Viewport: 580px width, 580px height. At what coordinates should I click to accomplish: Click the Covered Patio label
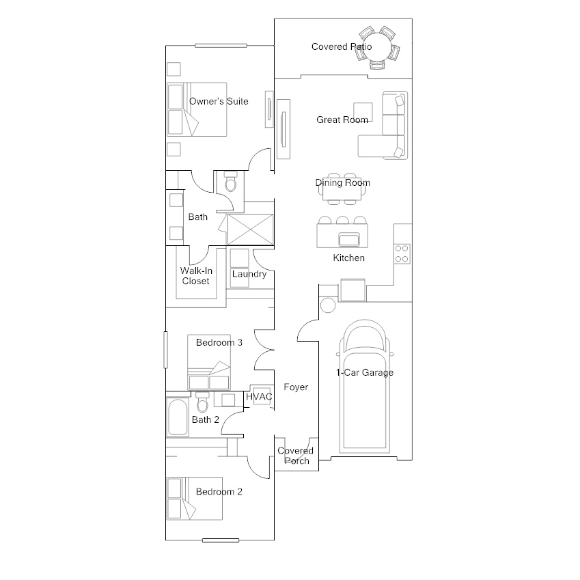[x=342, y=46]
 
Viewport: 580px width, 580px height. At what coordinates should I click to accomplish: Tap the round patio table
[x=377, y=48]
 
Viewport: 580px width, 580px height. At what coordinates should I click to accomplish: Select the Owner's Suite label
[x=219, y=101]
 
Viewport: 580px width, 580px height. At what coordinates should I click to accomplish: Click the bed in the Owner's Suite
[x=197, y=110]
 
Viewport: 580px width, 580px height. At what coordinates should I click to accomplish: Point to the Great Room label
[x=342, y=120]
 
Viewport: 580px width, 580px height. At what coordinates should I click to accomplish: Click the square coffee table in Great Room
[x=363, y=111]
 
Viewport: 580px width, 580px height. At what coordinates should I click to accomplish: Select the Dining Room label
[x=343, y=182]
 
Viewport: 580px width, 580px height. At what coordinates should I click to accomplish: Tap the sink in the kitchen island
[x=348, y=239]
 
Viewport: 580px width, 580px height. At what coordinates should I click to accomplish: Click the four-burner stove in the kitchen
[x=402, y=253]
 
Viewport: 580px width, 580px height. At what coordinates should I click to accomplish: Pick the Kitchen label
[x=348, y=258]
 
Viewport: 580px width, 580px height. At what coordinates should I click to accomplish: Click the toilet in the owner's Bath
[x=230, y=182]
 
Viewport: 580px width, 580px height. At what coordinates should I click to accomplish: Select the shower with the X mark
[x=250, y=228]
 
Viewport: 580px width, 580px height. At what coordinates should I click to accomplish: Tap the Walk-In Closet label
[x=196, y=276]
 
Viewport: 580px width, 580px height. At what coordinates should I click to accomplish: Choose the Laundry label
[x=249, y=274]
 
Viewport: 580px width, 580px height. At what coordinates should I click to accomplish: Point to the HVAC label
[x=260, y=397]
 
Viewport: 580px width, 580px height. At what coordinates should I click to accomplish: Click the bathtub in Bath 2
[x=178, y=417]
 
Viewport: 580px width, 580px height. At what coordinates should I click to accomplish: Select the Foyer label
[x=296, y=387]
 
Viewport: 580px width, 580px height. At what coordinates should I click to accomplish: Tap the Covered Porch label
[x=295, y=456]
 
